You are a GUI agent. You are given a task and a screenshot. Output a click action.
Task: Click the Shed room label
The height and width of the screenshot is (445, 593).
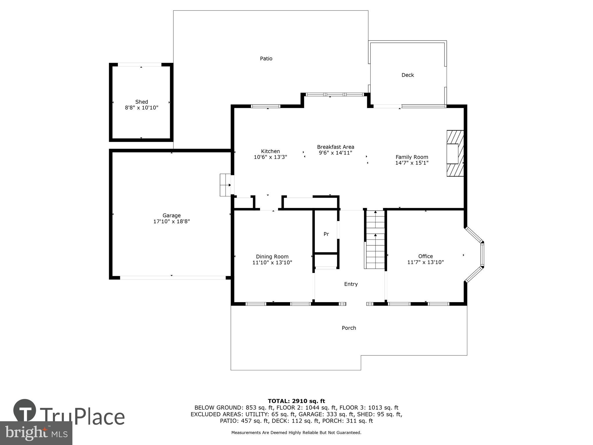(142, 102)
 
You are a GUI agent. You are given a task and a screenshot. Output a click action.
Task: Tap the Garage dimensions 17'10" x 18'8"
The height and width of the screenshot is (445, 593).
(171, 222)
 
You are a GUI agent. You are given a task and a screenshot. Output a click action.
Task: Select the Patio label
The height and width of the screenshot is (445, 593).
(266, 59)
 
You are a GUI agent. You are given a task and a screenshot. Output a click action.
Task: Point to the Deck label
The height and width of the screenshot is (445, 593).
(407, 75)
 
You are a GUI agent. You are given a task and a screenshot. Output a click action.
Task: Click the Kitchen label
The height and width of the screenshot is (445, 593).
(270, 151)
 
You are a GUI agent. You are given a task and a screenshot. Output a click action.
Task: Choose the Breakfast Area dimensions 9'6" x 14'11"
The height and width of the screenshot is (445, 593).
(335, 153)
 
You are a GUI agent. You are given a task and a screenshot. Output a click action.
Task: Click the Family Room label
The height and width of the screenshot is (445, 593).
(411, 157)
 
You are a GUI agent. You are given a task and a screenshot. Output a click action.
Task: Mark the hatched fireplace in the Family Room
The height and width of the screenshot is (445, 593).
(455, 153)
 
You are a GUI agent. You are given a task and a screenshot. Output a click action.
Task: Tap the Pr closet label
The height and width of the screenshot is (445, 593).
(326, 234)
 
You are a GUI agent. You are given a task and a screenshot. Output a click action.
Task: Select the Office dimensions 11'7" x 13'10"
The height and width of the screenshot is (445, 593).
(425, 262)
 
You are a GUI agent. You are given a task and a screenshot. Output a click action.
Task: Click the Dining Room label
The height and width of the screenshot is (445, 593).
(272, 256)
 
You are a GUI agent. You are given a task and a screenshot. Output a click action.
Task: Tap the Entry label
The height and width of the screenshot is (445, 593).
(351, 284)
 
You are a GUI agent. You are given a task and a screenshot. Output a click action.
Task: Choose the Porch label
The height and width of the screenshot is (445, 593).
(349, 328)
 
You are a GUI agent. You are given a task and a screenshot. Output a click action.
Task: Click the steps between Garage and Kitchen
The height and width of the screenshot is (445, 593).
(225, 185)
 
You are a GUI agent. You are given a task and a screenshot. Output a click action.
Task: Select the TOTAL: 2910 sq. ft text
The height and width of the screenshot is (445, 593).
(296, 401)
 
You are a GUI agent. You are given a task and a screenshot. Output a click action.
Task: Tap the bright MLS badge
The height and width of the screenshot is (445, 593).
(36, 433)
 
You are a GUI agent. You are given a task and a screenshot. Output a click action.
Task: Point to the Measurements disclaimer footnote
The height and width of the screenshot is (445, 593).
(296, 433)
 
